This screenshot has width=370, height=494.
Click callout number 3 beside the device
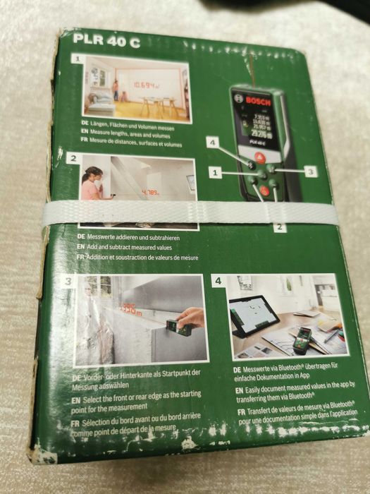point(311,171)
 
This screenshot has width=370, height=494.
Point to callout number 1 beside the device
point(216,171)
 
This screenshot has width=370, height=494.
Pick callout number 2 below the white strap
point(279,227)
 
